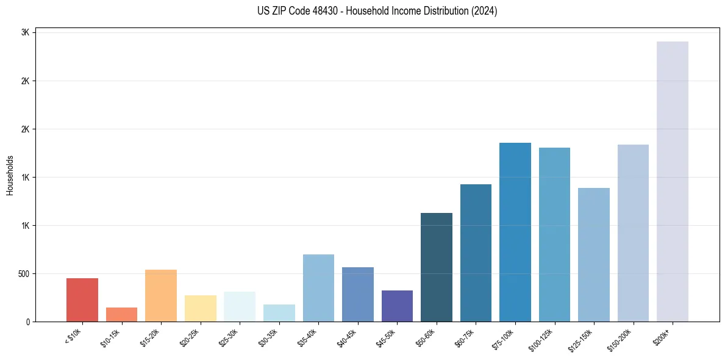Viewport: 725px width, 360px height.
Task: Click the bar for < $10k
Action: point(82,300)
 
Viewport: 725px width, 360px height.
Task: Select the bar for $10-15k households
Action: point(121,314)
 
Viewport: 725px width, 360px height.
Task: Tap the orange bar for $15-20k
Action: point(161,295)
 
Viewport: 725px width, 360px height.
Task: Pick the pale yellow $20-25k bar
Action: point(201,308)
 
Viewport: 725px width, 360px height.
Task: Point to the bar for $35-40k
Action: point(318,288)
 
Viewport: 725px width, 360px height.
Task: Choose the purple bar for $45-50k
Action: point(397,306)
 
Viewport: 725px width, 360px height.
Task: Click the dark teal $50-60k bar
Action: point(437,267)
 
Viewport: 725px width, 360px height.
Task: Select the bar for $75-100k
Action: point(515,232)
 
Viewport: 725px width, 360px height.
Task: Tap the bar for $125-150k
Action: point(594,254)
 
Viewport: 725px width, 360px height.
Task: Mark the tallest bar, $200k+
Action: point(673,181)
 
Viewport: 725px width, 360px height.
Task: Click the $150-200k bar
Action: point(633,233)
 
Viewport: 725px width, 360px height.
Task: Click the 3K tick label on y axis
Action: point(26,33)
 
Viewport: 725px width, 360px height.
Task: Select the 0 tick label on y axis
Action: point(28,322)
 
